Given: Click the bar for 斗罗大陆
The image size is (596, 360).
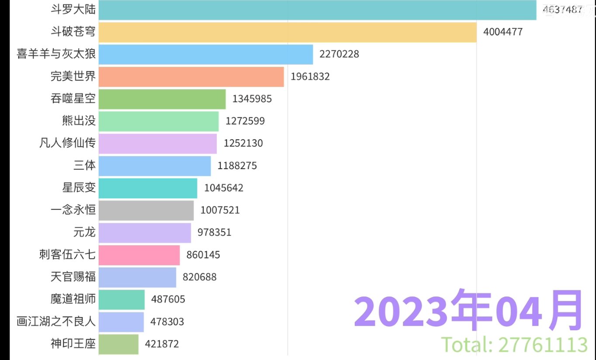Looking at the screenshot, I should (x=317, y=10).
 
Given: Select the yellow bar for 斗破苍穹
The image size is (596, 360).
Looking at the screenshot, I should (x=288, y=32).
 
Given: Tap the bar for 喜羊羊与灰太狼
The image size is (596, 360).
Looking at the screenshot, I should (x=206, y=54).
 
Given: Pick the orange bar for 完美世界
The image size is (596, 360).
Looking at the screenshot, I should (x=191, y=76).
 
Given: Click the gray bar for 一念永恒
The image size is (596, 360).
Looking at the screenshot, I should (x=146, y=210).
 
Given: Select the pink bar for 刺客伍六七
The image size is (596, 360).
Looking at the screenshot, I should (x=139, y=255).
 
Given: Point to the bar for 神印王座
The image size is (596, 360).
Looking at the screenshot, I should (x=119, y=344).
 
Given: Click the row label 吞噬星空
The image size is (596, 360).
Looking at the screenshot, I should (x=73, y=99).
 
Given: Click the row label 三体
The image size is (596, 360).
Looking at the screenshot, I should (x=84, y=166).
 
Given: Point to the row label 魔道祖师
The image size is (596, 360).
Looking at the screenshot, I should (x=73, y=299).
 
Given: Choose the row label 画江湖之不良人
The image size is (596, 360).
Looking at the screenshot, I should (x=56, y=322).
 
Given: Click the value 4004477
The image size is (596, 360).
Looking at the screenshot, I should (x=503, y=32).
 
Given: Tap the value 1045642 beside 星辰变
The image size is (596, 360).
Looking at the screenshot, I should (x=224, y=188).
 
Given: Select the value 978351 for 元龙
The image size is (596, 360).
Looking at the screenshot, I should (x=215, y=232).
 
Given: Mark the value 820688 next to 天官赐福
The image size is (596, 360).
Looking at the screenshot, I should (x=200, y=277).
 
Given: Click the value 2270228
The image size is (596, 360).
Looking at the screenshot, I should (x=340, y=54).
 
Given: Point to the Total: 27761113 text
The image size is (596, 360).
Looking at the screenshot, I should (x=514, y=345).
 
